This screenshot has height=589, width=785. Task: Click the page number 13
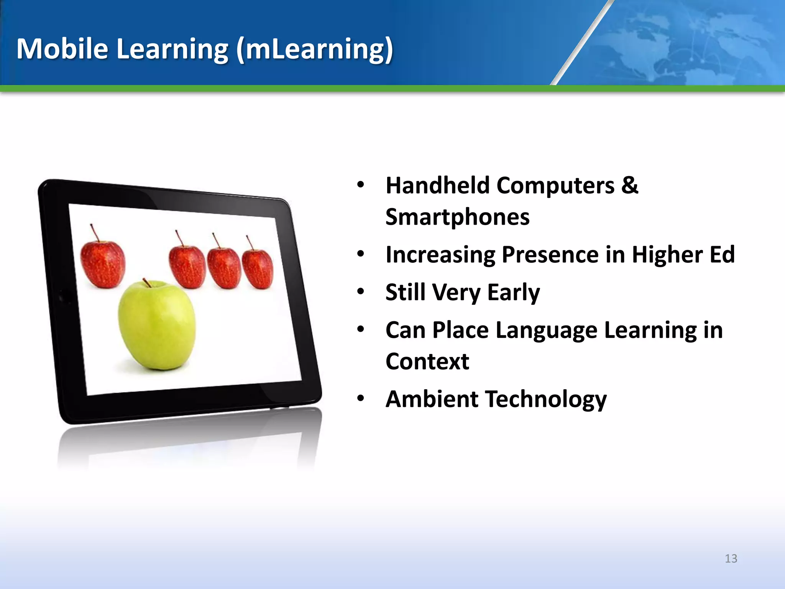click(x=731, y=558)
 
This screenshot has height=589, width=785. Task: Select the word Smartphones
click(x=457, y=217)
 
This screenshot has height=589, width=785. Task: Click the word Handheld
click(x=437, y=186)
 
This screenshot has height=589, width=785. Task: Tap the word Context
click(x=427, y=362)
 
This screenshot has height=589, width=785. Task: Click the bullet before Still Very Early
click(x=360, y=292)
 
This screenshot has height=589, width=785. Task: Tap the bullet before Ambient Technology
click(x=360, y=398)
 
